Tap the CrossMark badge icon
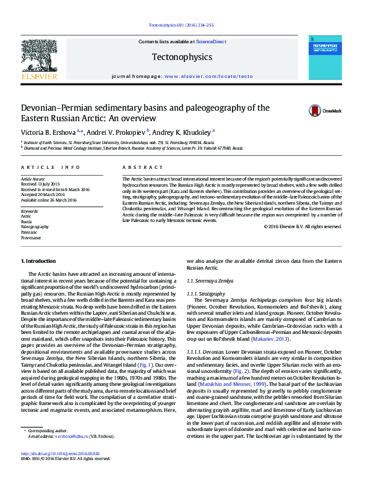299,111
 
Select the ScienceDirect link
211,41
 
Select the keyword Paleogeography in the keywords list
35,227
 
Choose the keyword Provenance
31,237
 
